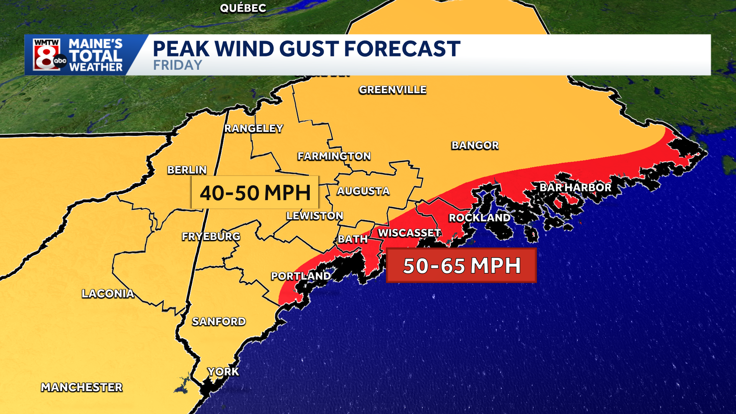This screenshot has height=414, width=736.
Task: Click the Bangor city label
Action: click(x=475, y=145)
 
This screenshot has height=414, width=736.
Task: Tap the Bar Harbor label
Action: click(x=575, y=187)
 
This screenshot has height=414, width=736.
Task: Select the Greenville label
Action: click(x=393, y=90)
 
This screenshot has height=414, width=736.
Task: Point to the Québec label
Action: click(x=243, y=8)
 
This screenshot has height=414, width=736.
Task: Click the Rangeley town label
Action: click(x=253, y=128)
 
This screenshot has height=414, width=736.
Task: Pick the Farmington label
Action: click(x=334, y=156)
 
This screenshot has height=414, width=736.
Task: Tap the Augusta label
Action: click(x=363, y=191)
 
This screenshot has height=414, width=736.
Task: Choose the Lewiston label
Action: click(x=314, y=216)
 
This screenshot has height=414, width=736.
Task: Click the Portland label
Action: click(x=301, y=276)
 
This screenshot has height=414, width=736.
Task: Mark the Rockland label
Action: click(x=479, y=218)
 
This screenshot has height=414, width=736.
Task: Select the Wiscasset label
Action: click(x=409, y=233)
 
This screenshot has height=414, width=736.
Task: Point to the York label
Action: click(x=223, y=371)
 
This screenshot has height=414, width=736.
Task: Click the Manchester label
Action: click(x=82, y=387)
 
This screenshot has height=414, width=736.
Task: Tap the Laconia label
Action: click(x=108, y=294)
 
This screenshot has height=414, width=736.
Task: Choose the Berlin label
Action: click(x=187, y=170)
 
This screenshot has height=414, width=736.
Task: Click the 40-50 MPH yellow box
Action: click(x=255, y=192)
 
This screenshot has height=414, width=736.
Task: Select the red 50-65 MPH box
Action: click(x=462, y=265)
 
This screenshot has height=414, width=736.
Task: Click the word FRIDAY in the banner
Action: click(x=177, y=65)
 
